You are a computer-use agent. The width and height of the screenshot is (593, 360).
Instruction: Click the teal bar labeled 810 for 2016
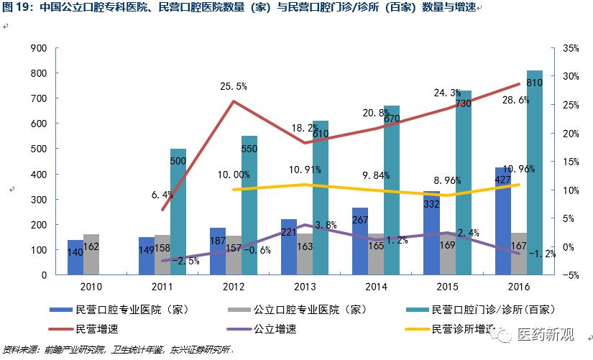coord(534,172)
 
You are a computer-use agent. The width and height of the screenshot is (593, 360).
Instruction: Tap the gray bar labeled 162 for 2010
coord(91,254)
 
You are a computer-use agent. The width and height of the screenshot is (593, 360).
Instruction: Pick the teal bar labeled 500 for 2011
coord(178,212)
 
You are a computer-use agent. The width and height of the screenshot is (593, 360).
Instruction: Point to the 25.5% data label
coord(234,86)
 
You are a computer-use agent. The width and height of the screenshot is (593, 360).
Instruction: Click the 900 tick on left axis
coord(37,48)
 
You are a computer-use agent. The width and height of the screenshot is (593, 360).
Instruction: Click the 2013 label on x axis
coord(304,287)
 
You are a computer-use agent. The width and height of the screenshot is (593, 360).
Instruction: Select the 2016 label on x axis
coord(518,287)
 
